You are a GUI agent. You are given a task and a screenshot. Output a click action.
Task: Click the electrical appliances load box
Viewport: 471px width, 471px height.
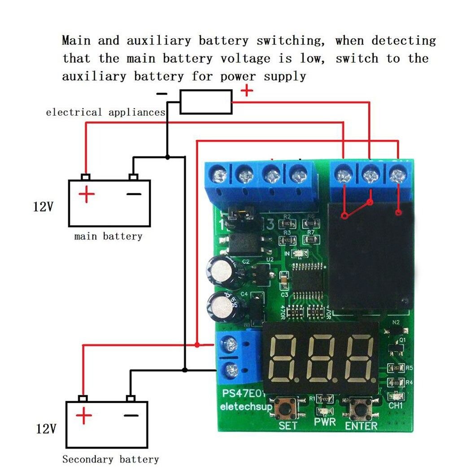click(206, 102)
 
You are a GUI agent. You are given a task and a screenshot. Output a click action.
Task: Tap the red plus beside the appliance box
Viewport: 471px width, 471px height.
click(247, 91)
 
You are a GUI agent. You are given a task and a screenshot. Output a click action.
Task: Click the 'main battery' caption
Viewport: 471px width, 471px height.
click(108, 236)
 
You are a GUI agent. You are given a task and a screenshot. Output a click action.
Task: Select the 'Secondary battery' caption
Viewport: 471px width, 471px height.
click(110, 459)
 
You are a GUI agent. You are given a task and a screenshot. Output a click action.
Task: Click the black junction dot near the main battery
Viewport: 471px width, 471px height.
click(167, 157)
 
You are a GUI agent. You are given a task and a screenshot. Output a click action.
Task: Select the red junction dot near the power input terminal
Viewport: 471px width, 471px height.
click(197, 345)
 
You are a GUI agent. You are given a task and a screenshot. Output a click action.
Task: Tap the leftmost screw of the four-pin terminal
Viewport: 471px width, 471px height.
click(218, 174)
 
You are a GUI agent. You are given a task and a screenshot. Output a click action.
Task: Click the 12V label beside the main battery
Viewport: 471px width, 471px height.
click(43, 207)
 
